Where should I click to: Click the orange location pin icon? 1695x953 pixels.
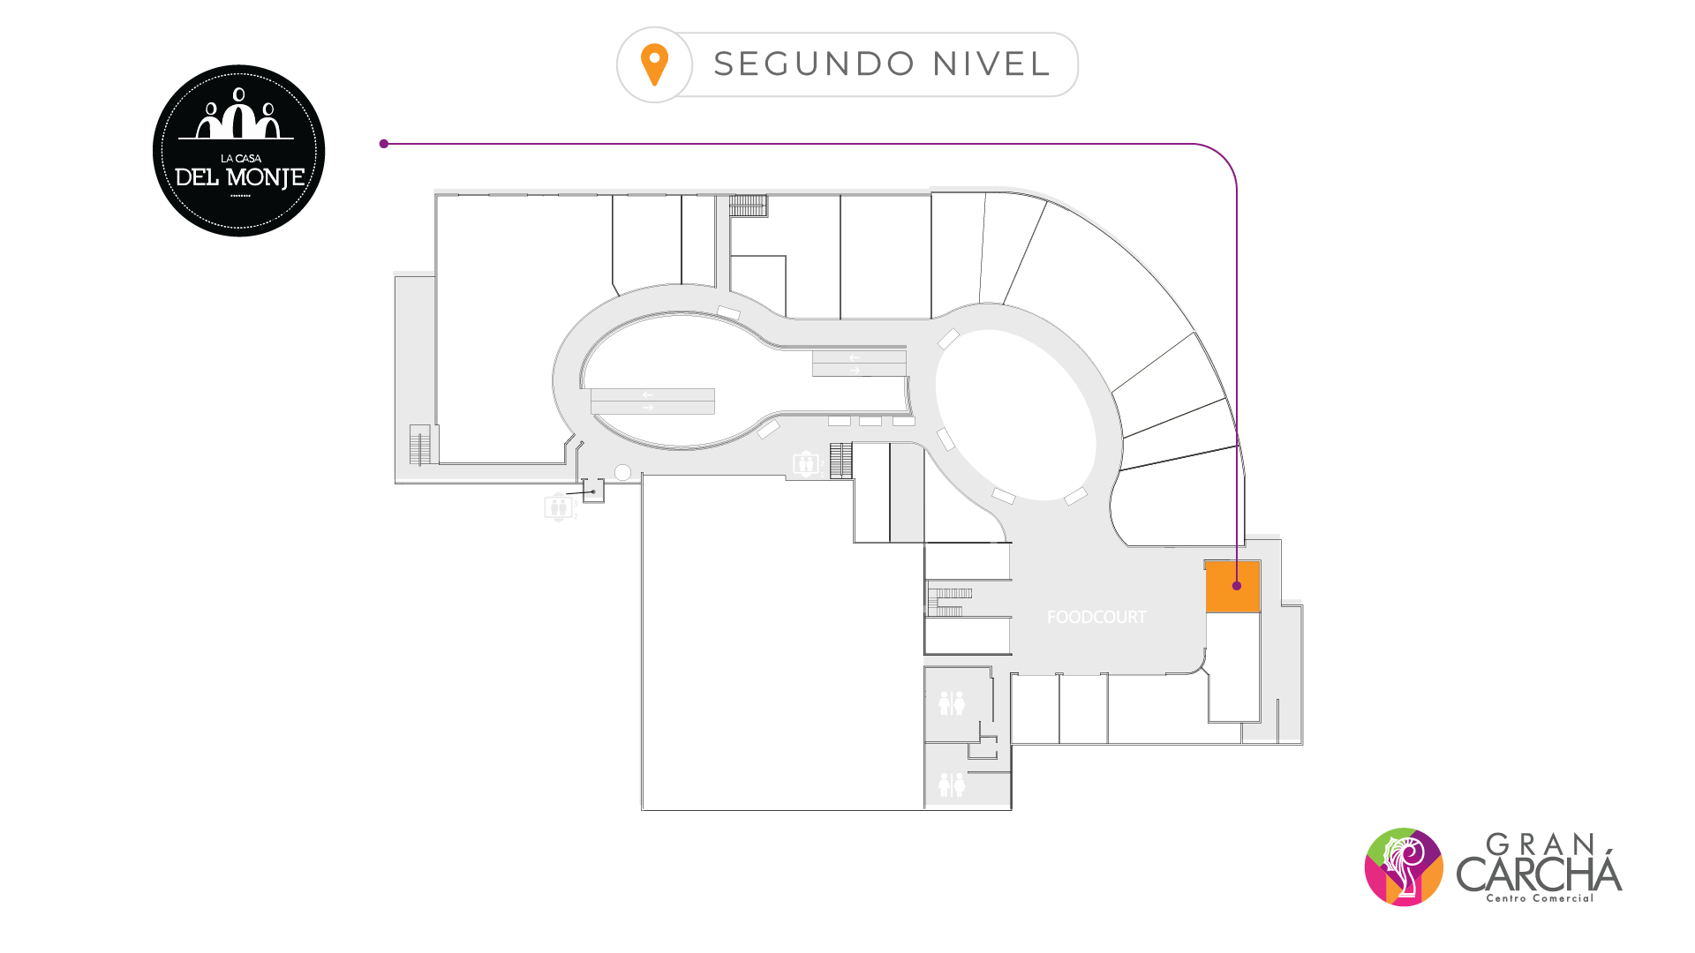tap(654, 64)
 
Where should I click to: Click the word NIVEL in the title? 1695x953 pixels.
tap(991, 64)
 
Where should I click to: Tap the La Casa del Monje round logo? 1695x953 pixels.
tap(239, 151)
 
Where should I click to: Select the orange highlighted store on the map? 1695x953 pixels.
tap(1232, 587)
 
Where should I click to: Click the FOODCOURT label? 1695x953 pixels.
tap(1096, 618)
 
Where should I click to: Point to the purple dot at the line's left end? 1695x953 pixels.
tap(384, 144)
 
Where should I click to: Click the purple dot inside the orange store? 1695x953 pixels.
tap(1237, 586)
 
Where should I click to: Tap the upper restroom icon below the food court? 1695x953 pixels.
tap(952, 703)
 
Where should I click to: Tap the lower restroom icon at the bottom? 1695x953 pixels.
tap(952, 784)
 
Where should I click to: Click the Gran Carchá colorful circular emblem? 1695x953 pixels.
tap(1404, 867)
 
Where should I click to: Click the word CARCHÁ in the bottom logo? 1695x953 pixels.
tap(1539, 874)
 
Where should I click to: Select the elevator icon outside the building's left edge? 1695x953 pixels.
tap(558, 507)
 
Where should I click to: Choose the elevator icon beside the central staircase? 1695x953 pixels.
tap(805, 463)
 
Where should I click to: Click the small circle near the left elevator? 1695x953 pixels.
tap(622, 473)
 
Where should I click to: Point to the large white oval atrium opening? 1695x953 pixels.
tap(1015, 415)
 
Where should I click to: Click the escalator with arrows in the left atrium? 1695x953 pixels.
tap(652, 401)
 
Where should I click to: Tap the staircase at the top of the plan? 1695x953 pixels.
tap(748, 206)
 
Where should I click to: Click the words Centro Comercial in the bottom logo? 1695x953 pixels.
tap(1540, 898)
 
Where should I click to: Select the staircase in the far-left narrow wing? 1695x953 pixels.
tap(420, 445)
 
